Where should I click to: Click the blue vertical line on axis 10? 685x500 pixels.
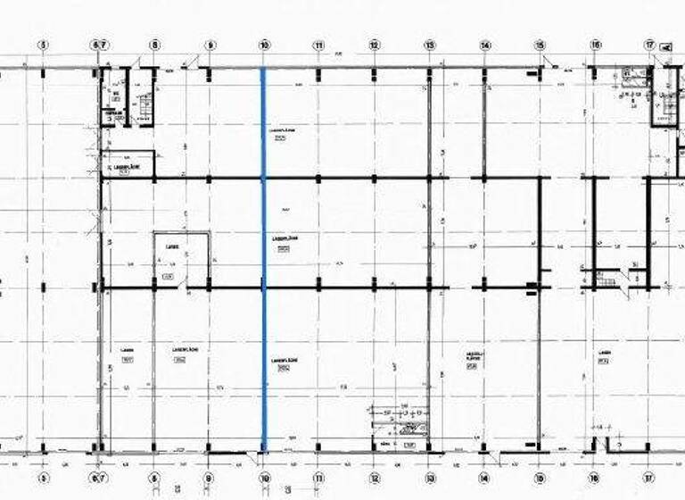point(263,268)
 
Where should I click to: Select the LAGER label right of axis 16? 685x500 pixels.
point(604,353)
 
